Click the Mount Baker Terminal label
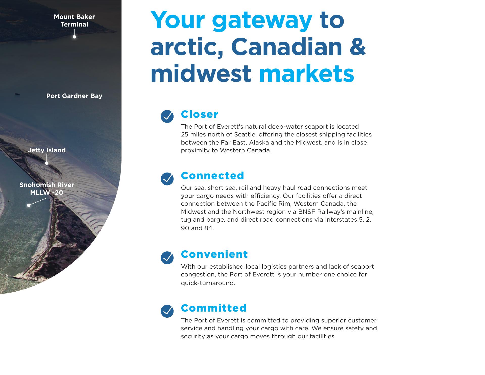74,20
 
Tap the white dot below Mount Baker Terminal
74,37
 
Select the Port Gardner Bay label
74,96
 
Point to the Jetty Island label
47,150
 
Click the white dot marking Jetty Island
47,163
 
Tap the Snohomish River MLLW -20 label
47,189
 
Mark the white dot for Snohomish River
29,205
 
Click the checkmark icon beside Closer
167,116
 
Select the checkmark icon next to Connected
167,179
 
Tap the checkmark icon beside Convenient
167,258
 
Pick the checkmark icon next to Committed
167,311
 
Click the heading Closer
200,114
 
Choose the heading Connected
212,176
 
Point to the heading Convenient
214,254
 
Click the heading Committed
214,308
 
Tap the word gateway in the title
262,21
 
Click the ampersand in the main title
357,46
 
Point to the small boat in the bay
17,94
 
